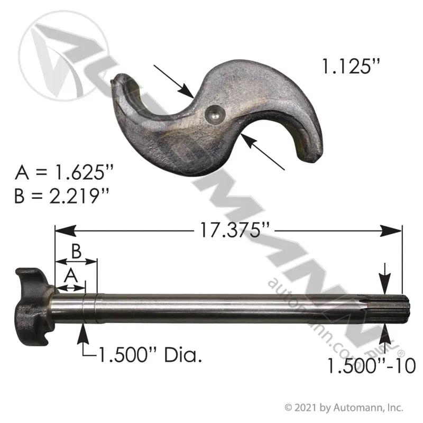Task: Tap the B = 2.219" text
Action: (62, 196)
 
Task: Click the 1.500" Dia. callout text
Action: (151, 354)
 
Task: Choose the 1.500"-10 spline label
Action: (372, 366)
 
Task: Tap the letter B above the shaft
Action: (76, 252)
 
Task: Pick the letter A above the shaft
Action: (71, 275)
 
